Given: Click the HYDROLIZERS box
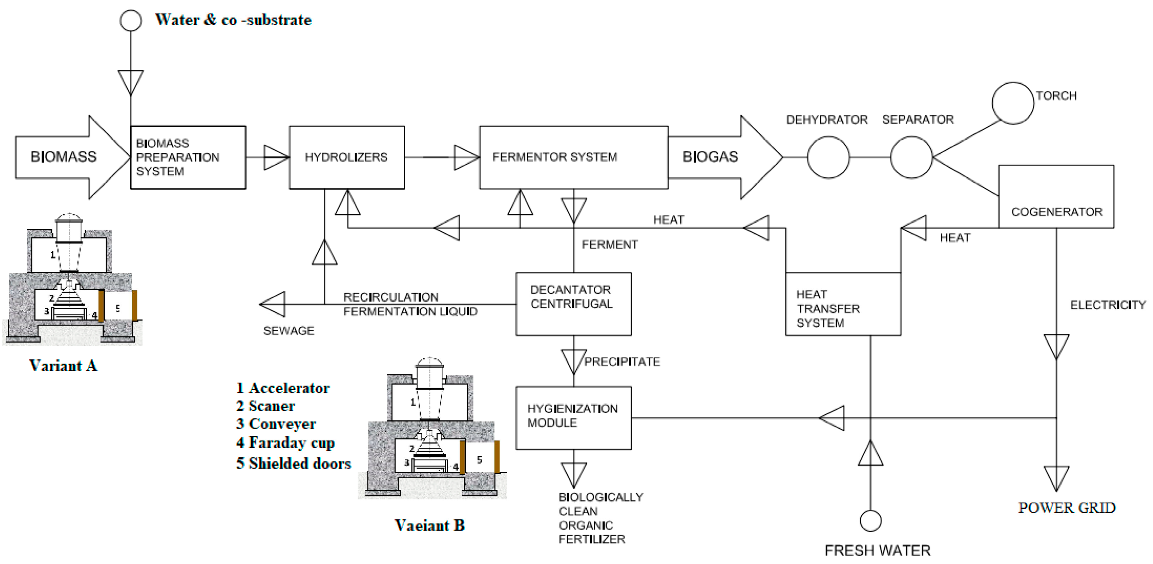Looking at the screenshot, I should (x=347, y=157).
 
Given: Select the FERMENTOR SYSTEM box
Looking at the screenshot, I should (x=573, y=157).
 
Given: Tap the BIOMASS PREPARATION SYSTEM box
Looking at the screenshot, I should (x=188, y=157).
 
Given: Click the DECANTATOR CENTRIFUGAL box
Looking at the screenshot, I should (x=573, y=304).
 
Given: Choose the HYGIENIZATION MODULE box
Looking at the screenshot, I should (x=573, y=418).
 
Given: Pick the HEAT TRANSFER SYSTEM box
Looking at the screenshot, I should (x=843, y=304).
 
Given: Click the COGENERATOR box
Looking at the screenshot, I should (x=1056, y=197).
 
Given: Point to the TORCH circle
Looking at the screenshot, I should (x=1013, y=103).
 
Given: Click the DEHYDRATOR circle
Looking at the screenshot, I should (x=828, y=157).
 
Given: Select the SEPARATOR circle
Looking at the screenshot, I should (x=911, y=157).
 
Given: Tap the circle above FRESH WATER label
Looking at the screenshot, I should (x=870, y=521).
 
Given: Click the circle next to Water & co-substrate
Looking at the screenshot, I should (x=131, y=20).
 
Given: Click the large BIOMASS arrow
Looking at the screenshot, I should (x=67, y=157).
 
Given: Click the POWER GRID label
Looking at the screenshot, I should (x=1067, y=508).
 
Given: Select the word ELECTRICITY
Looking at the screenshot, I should (x=1107, y=305).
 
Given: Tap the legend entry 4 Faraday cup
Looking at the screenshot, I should (x=285, y=442).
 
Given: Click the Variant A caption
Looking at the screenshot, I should (x=63, y=365).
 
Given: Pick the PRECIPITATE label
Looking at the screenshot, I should (x=622, y=362).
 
